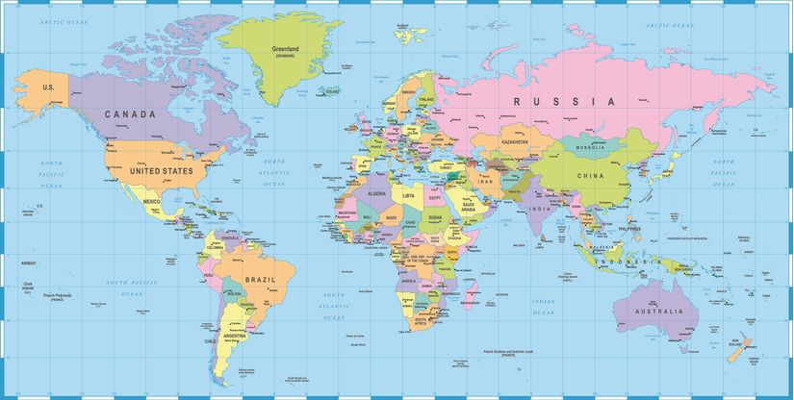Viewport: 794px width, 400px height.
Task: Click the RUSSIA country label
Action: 563,101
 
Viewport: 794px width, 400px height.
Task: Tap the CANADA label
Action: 130,114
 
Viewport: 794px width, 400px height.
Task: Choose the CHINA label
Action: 591,176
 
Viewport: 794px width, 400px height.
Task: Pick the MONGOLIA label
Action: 590,147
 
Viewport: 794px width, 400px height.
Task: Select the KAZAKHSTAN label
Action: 515,141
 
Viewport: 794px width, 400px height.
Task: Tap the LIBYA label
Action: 409,195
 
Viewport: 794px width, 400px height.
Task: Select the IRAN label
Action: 484,180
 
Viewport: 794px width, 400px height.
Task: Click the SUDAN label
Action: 434,217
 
